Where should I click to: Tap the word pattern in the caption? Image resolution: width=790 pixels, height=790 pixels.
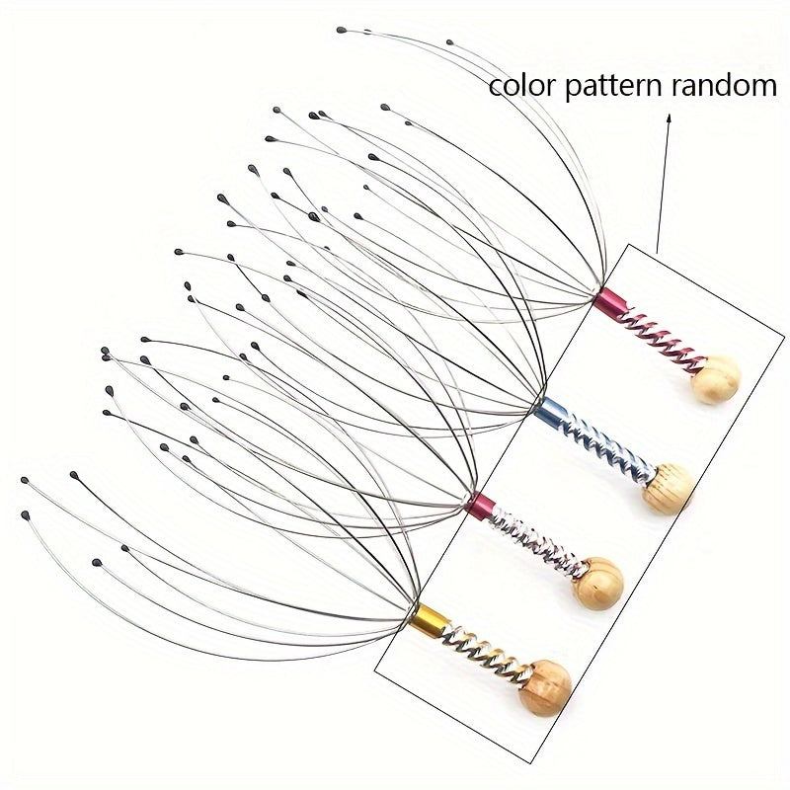[613, 87]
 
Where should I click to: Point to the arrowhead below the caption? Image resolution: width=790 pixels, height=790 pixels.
[670, 118]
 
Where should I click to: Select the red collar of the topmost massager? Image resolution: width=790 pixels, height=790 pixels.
[610, 301]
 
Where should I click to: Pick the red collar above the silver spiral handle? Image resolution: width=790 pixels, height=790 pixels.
[481, 507]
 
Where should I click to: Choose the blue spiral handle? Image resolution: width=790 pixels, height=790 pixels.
[608, 447]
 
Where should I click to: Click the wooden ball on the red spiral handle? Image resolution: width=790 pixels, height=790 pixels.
[715, 380]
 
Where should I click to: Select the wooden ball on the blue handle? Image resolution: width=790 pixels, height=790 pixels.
[669, 488]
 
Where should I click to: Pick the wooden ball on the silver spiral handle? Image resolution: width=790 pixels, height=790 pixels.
[598, 584]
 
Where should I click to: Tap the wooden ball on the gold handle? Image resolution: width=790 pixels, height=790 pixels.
[547, 687]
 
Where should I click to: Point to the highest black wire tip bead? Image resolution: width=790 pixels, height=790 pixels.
[341, 31]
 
